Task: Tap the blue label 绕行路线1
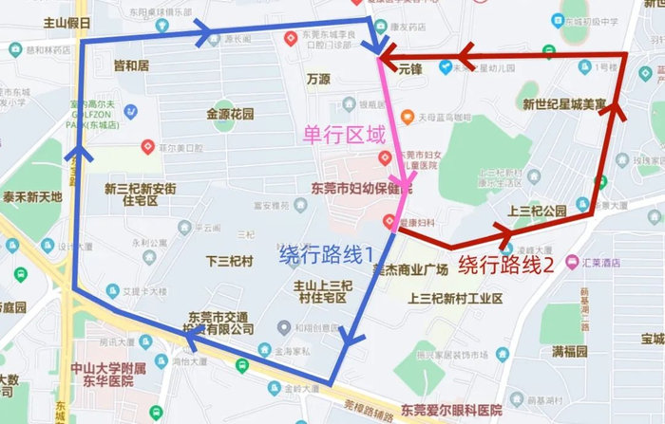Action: [x=325, y=254]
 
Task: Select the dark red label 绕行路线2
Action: [x=506, y=265]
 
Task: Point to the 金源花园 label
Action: [x=230, y=114]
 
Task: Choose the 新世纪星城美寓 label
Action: [x=564, y=104]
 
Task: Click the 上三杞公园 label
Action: [x=538, y=210]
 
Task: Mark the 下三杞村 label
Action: [x=228, y=257]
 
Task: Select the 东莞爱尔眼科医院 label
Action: [x=450, y=410]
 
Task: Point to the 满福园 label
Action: [x=570, y=351]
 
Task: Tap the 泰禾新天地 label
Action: [x=32, y=197]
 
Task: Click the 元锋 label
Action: [x=409, y=68]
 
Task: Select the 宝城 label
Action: [x=652, y=339]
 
